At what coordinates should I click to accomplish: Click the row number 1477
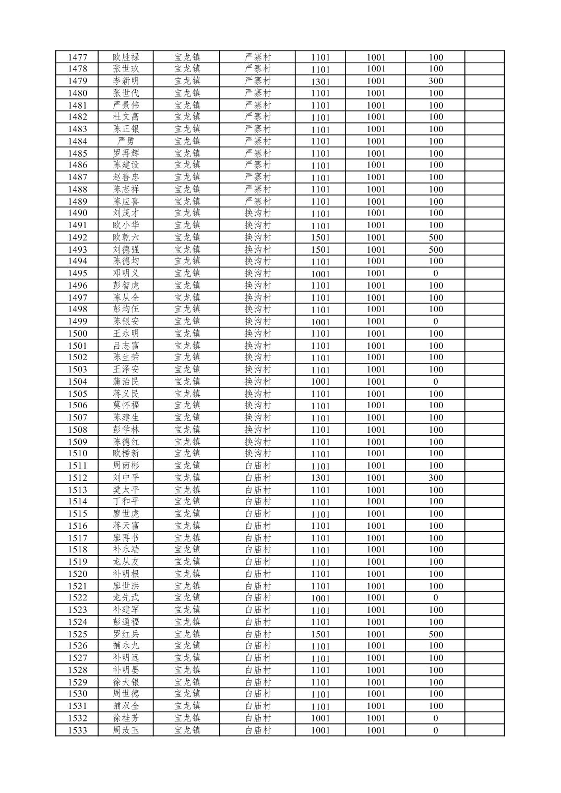77,57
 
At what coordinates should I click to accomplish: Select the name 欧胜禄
126,57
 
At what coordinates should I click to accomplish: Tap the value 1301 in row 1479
320,81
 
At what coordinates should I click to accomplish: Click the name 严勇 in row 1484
126,141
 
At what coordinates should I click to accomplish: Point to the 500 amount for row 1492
436,238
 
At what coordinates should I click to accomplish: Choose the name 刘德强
126,250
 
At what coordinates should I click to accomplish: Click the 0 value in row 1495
436,274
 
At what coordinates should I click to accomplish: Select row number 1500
77,334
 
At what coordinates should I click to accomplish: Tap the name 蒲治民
126,382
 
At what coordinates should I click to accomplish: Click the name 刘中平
126,478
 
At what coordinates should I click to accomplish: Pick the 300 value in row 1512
436,478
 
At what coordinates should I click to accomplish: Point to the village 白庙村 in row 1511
258,466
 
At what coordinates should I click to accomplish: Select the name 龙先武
126,598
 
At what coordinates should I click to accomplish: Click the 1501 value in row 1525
320,634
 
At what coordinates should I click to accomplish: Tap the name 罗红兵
126,634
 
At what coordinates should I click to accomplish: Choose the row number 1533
77,730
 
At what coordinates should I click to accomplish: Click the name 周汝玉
126,730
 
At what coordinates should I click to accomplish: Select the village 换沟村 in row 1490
258,213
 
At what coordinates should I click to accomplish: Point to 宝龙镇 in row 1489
187,202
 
